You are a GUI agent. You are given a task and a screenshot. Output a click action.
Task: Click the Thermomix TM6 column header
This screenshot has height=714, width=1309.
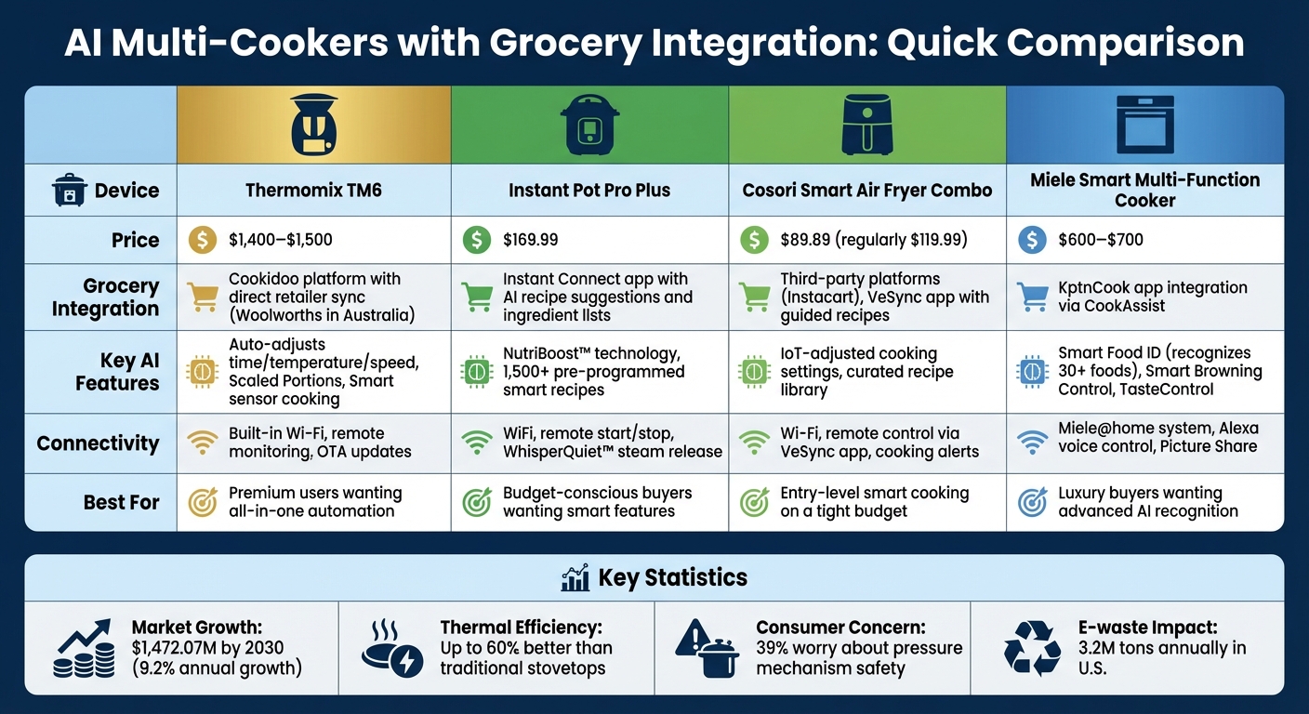pyautogui.click(x=313, y=191)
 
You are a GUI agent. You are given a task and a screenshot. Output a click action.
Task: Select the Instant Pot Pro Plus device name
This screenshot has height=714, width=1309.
pyautogui.click(x=589, y=191)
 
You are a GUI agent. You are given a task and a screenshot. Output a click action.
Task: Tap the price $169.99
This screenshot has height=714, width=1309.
pyautogui.click(x=530, y=240)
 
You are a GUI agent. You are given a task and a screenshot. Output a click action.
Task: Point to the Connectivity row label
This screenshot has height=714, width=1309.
pyautogui.click(x=98, y=443)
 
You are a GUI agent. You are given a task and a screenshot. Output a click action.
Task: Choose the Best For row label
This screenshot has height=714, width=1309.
pyautogui.click(x=121, y=502)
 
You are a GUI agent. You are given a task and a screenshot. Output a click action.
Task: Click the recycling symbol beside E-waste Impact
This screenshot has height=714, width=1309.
pyautogui.click(x=1032, y=648)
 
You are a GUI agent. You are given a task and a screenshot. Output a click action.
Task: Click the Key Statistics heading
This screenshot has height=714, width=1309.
pyautogui.click(x=672, y=577)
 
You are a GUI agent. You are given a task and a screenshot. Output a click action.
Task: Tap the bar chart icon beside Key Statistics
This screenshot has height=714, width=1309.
pyautogui.click(x=575, y=577)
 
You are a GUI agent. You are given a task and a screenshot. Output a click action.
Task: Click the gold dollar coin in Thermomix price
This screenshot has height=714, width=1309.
pyautogui.click(x=202, y=240)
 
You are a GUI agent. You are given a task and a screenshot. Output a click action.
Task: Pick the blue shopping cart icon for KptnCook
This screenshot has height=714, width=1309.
pyautogui.click(x=1033, y=297)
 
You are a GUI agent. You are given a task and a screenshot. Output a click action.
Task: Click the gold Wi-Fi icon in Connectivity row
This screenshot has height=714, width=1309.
pyautogui.click(x=202, y=443)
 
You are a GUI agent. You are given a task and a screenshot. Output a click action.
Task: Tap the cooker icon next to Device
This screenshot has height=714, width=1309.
pyautogui.click(x=69, y=191)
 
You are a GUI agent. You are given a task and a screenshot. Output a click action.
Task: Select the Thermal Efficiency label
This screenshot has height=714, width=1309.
pyautogui.click(x=521, y=628)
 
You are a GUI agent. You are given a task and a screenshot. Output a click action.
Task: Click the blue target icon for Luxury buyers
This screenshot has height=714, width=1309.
pyautogui.click(x=1033, y=502)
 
